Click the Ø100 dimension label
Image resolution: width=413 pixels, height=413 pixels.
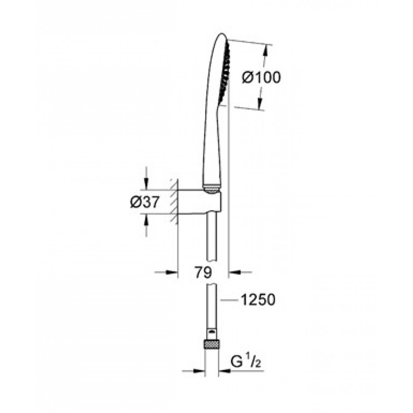click(261, 78)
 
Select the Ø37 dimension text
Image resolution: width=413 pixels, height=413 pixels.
click(145, 202)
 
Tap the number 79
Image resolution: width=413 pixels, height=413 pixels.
click(203, 272)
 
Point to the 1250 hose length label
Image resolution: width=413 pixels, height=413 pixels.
click(258, 300)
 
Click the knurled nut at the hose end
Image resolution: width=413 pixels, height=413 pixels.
click(211, 344)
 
